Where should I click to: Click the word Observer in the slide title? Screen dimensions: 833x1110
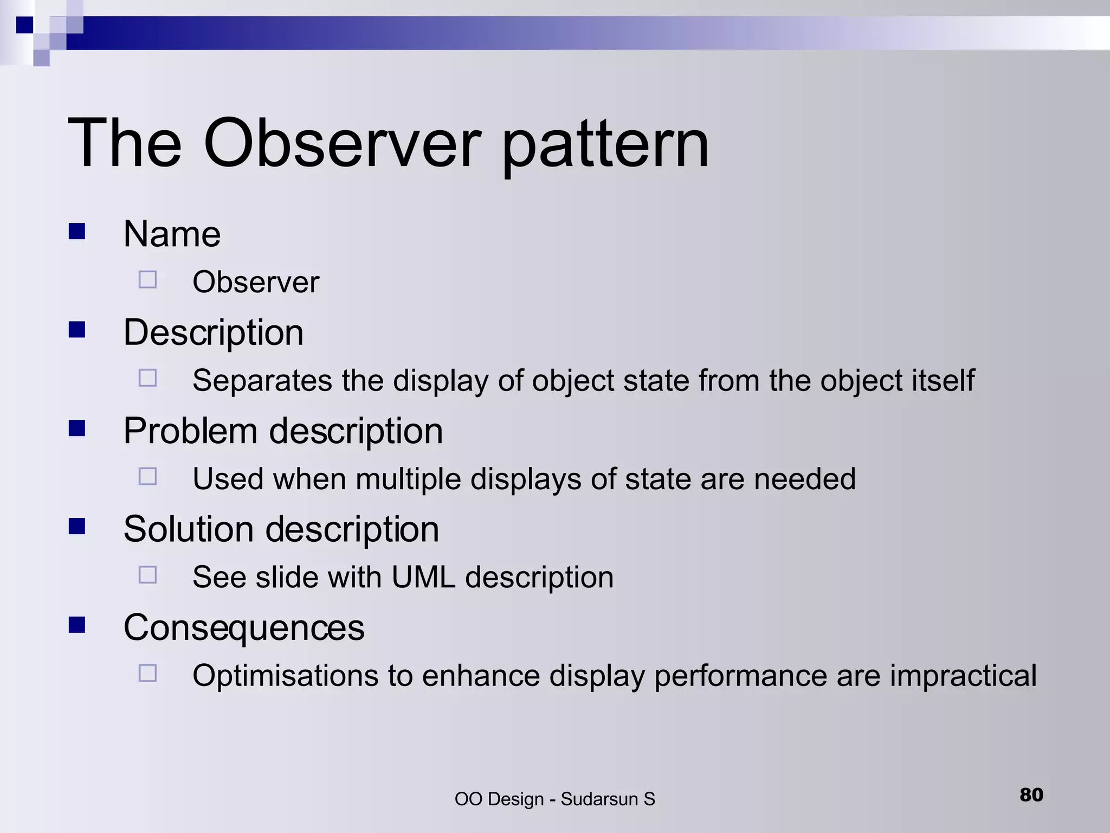(x=341, y=144)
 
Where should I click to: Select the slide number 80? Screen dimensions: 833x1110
(x=1031, y=794)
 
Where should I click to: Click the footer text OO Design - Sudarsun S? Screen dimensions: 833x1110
(x=554, y=799)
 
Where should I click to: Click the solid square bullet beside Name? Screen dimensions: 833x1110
(x=77, y=232)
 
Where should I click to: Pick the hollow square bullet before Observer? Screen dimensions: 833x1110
(x=147, y=280)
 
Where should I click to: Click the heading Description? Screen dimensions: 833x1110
(x=213, y=332)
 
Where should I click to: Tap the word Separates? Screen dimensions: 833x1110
(x=262, y=380)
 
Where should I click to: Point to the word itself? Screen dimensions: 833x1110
(x=943, y=380)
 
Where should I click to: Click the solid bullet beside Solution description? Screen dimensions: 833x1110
(x=77, y=526)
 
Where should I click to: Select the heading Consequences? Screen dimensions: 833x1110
(x=244, y=627)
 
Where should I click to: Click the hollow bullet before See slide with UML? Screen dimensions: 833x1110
(x=147, y=574)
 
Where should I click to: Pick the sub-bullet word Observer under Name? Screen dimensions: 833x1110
(x=256, y=282)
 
